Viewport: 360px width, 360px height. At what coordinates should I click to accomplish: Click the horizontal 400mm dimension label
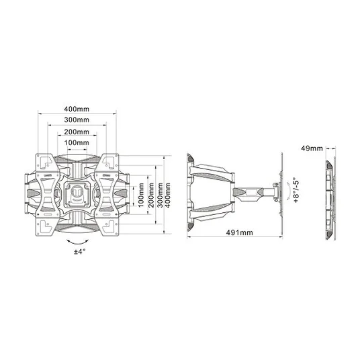77,109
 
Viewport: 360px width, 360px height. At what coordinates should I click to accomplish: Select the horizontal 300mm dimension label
77,120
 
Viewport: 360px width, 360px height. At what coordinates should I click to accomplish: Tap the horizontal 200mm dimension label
77,132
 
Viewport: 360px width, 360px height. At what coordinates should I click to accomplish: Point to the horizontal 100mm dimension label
77,142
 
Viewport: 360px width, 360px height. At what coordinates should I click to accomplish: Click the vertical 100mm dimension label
141,195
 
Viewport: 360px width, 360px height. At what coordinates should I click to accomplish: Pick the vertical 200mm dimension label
151,195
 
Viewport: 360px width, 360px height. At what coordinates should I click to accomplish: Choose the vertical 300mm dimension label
160,195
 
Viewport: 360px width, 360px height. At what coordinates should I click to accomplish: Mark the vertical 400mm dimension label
168,195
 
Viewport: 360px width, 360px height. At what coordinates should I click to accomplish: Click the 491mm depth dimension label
240,232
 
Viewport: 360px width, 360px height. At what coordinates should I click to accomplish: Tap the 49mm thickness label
312,148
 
